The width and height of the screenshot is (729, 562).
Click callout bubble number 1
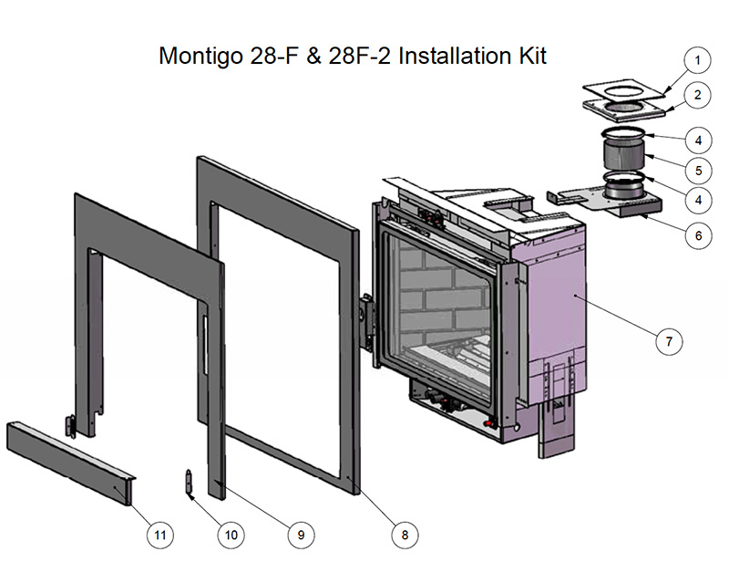(697, 62)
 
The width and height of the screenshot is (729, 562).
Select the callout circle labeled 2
(697, 95)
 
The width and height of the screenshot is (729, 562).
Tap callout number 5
(697, 170)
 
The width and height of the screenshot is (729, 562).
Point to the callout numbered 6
(697, 234)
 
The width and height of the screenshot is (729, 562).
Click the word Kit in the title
(529, 56)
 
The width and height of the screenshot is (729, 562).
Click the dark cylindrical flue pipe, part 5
(624, 155)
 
